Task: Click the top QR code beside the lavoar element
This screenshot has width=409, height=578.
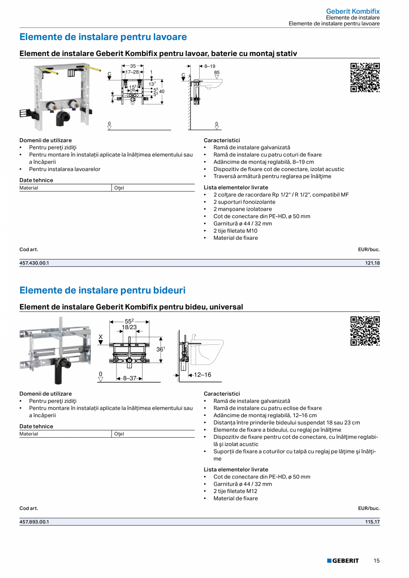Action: [365, 77]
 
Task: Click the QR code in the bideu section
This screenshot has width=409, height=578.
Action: [365, 331]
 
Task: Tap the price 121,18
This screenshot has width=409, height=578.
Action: [372, 263]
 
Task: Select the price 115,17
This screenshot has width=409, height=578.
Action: [372, 522]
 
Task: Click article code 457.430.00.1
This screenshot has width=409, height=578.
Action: [34, 263]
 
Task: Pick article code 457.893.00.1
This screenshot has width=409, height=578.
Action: [34, 522]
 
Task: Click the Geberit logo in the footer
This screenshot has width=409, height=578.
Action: [343, 561]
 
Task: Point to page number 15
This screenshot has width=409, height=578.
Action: [376, 561]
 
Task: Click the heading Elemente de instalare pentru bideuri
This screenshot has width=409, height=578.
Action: [102, 291]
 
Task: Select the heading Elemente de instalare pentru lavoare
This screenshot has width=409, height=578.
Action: [103, 37]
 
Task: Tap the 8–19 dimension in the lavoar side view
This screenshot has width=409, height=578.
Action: [210, 66]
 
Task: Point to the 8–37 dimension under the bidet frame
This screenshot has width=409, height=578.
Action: [129, 379]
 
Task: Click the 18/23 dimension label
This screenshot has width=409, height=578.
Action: [129, 327]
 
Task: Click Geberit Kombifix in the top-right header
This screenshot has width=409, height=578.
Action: [353, 11]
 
